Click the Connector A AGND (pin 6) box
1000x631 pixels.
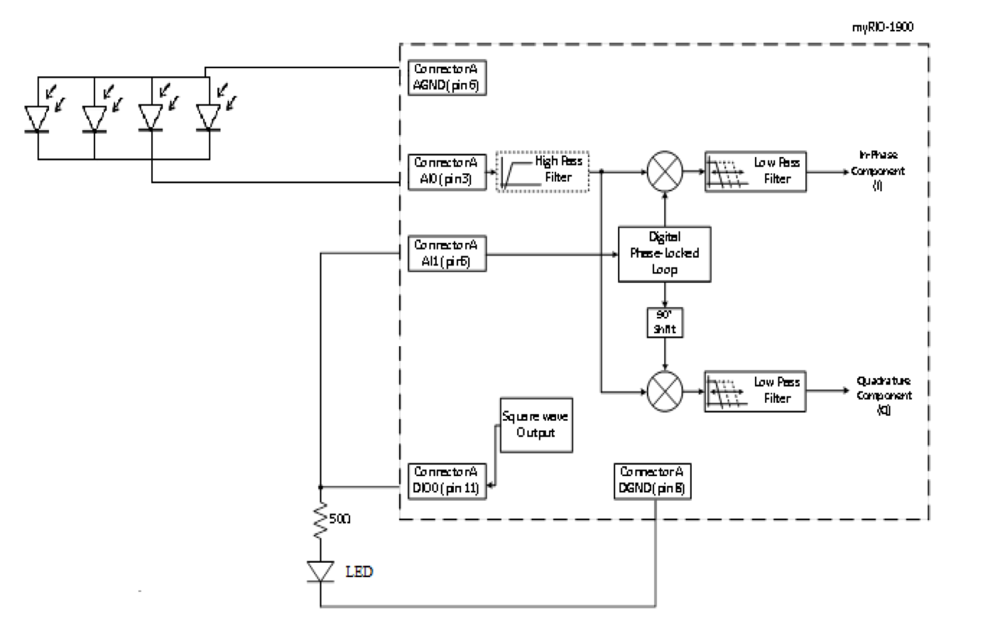pos(447,77)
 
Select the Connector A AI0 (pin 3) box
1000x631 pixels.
pos(447,171)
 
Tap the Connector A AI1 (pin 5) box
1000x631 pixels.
pos(447,254)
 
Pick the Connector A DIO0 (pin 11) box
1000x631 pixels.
pos(447,480)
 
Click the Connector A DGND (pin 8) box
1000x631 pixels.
pos(651,480)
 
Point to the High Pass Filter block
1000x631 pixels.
pos(543,171)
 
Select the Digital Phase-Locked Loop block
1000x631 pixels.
pos(664,254)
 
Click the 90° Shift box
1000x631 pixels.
pos(664,322)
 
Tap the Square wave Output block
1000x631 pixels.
pos(536,424)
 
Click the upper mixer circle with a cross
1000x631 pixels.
pos(665,171)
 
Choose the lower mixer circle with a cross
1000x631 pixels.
pos(665,391)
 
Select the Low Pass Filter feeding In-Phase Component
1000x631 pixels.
pos(755,171)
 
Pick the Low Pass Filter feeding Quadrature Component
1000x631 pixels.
pos(755,391)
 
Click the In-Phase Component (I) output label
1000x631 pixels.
pos(878,171)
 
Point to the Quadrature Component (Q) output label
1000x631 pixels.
pos(884,395)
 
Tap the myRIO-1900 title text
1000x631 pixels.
pos(882,27)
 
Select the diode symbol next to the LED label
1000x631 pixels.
pos(321,571)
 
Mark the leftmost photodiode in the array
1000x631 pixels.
pos(37,118)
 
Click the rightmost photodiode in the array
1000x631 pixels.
pos(209,118)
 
